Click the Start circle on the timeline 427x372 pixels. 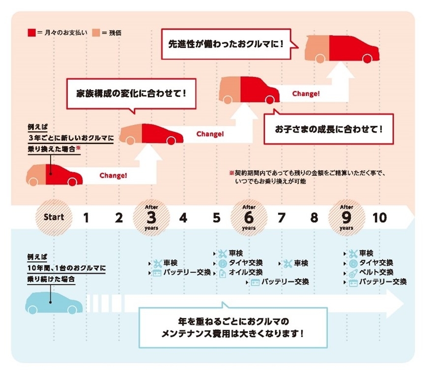54,217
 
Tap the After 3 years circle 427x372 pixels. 151,217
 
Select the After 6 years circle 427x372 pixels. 249,217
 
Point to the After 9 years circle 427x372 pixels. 346,217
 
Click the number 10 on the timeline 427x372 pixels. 380,217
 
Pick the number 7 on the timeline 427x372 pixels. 282,217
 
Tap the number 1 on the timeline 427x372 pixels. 86,217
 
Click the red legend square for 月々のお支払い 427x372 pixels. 31,33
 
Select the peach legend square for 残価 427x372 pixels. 96,33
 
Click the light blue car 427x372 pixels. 54,303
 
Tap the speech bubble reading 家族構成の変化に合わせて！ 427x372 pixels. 131,94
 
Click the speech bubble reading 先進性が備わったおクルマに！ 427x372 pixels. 229,44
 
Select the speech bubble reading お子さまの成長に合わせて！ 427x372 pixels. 329,128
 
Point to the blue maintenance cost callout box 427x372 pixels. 233,327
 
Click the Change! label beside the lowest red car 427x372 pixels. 114,175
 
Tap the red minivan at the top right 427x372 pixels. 342,49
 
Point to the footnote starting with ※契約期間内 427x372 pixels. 308,177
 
